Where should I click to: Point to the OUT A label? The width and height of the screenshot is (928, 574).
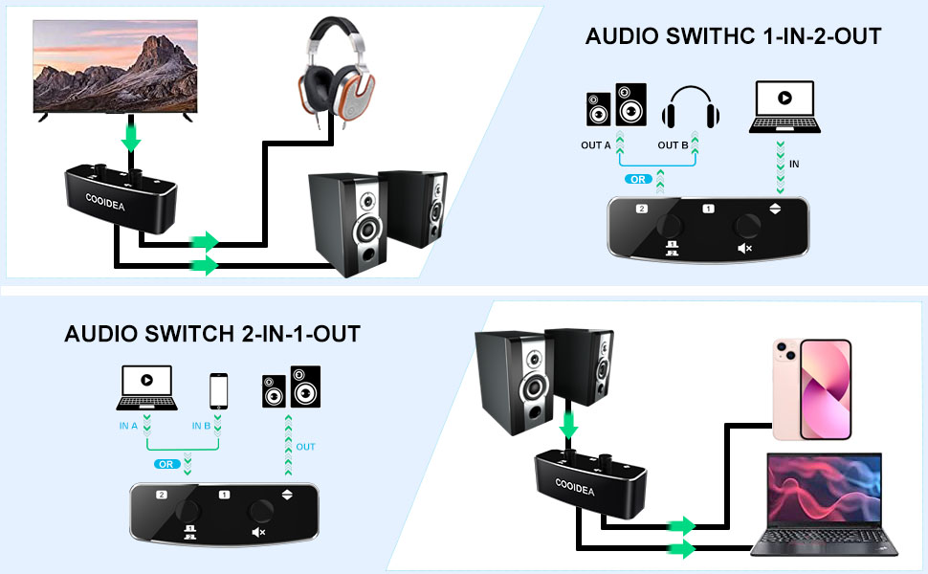click(595, 145)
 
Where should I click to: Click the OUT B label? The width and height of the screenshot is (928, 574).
click(673, 145)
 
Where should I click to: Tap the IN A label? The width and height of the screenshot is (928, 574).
click(129, 426)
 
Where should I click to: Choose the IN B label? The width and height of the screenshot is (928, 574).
click(202, 426)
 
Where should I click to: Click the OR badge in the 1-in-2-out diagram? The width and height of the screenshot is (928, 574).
click(636, 179)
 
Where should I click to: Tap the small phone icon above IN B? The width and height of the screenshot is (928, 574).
click(219, 390)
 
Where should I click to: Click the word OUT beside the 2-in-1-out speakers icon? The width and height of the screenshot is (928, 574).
click(305, 447)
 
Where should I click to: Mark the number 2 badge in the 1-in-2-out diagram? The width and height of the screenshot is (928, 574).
click(642, 208)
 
